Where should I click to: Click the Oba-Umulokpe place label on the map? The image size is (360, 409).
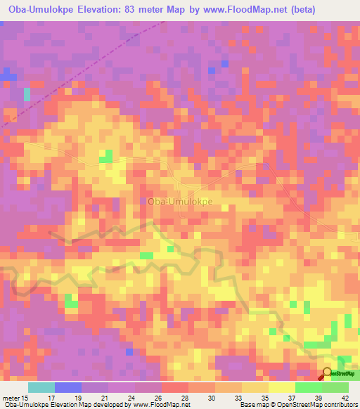pos(180,201)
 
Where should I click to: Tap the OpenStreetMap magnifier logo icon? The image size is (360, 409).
pos(328,373)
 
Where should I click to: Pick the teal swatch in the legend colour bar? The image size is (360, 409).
pos(41,387)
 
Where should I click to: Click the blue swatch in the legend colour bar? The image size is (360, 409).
pos(68,387)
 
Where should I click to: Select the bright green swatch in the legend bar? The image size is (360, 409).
pos(309,387)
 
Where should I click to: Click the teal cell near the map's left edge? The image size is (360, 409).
pos(27,94)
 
